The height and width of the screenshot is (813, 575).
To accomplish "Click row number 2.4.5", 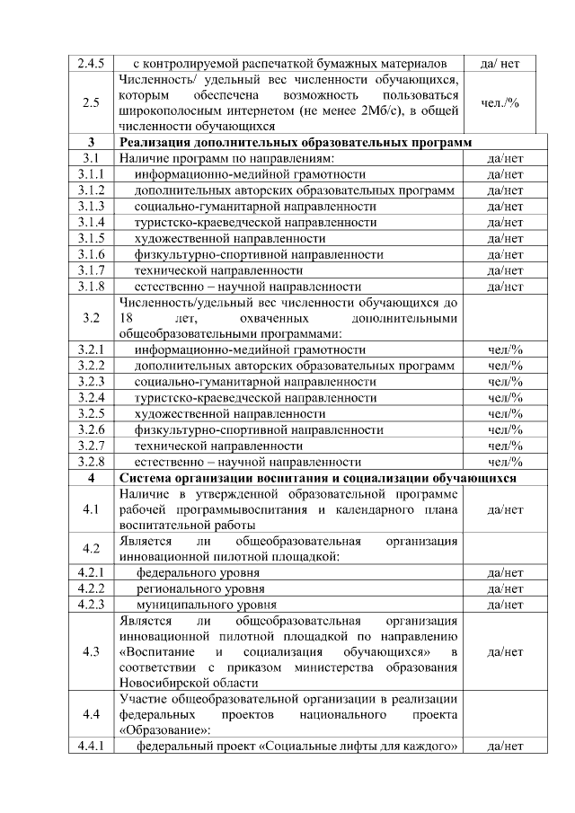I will (x=91, y=64).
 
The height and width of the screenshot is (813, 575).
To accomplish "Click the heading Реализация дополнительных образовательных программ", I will (x=298, y=143).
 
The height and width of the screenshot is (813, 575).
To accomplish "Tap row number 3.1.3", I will (x=91, y=206).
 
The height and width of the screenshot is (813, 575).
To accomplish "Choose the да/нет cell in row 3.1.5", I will (x=505, y=238).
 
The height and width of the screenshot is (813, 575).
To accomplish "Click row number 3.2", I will (x=91, y=318).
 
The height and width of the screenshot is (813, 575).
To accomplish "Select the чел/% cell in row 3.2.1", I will (x=505, y=349).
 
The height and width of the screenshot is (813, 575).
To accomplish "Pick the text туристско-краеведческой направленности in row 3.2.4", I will (x=255, y=397).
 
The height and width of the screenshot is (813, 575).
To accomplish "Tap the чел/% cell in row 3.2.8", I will (x=505, y=462).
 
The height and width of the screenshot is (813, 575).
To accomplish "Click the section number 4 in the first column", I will (x=91, y=478).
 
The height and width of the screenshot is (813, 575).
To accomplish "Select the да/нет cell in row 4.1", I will (x=505, y=509).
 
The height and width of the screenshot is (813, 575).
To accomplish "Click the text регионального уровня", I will (x=200, y=588).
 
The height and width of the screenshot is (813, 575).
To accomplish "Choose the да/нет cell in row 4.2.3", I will (x=505, y=605).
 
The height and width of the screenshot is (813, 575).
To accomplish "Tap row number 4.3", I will (x=91, y=652).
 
